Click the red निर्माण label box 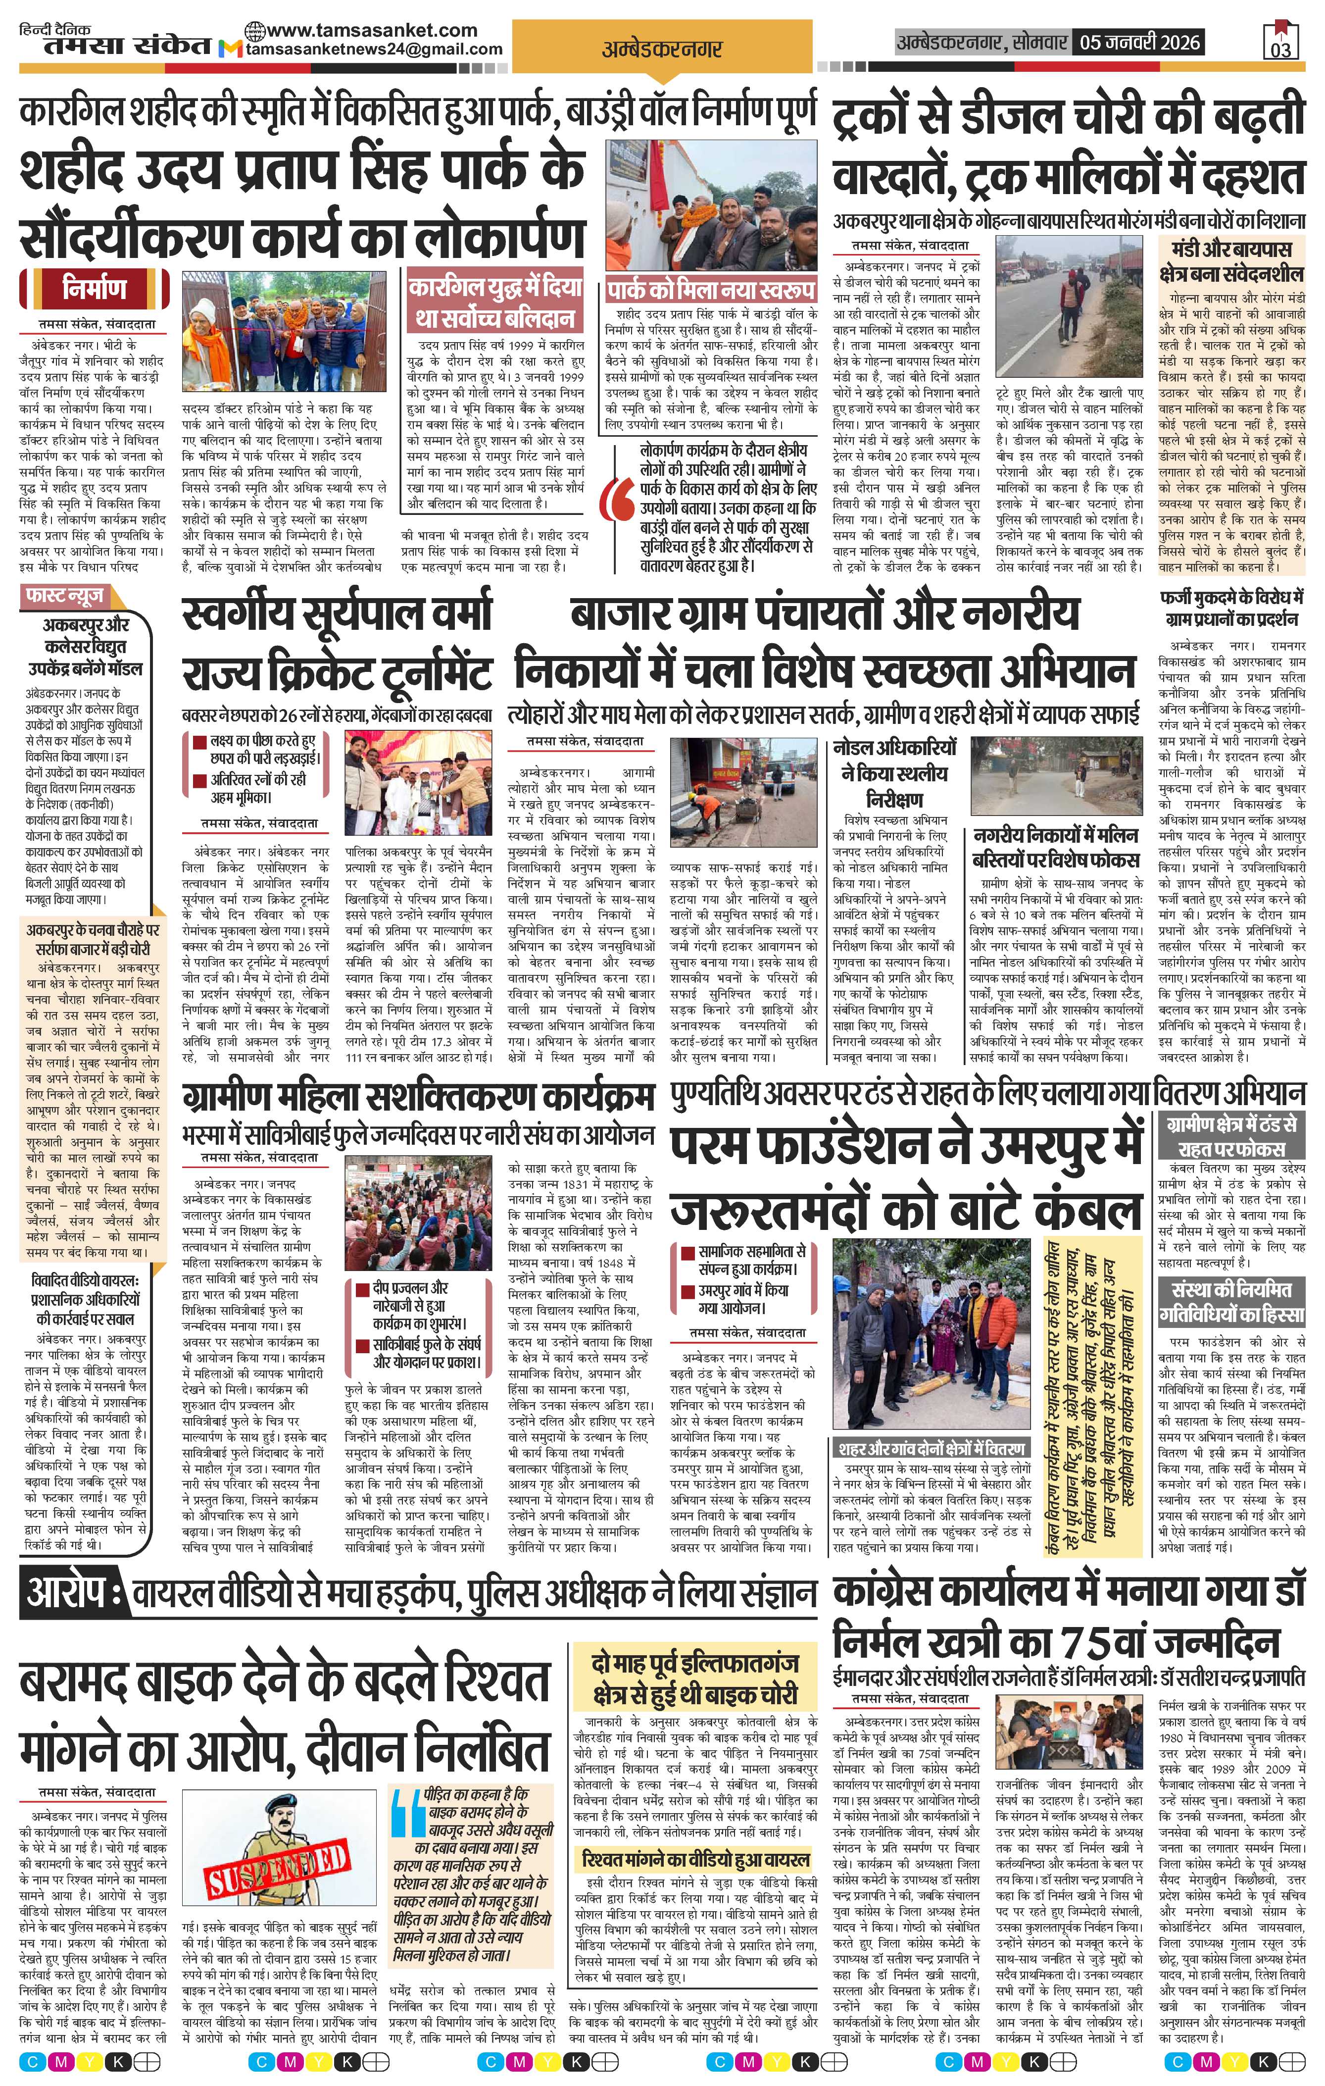coord(95,289)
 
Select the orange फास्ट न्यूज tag coord(65,596)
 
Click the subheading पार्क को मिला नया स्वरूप coord(710,289)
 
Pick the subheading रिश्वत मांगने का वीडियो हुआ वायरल coord(696,1860)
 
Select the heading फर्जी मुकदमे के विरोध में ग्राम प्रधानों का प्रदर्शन coord(1231,608)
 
